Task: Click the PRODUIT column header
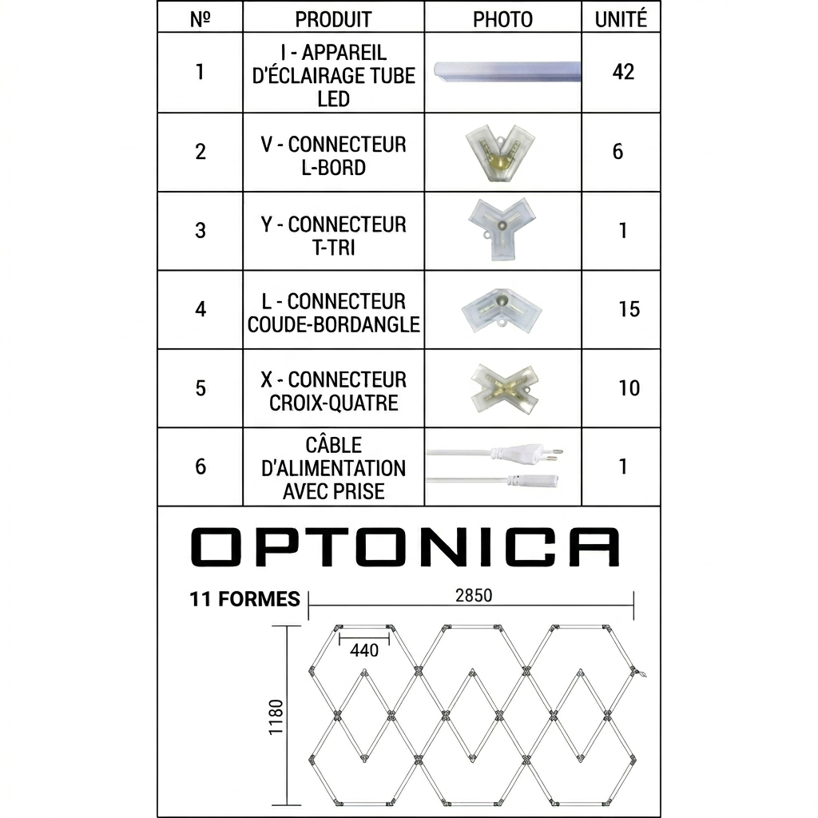[x=333, y=19]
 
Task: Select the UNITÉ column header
[x=621, y=19]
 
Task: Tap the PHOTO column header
[x=502, y=19]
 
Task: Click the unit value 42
[x=623, y=72]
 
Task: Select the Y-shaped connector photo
[x=501, y=226]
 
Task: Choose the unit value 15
[x=629, y=309]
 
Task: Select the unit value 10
[x=629, y=388]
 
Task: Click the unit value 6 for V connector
[x=617, y=152]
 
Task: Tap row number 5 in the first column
[x=201, y=388]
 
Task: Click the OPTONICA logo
[x=405, y=547]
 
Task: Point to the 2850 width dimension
[x=474, y=595]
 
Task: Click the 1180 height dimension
[x=276, y=717]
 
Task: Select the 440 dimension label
[x=364, y=650]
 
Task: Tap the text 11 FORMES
[x=244, y=599]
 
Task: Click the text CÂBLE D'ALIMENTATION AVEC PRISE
[x=333, y=468]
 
